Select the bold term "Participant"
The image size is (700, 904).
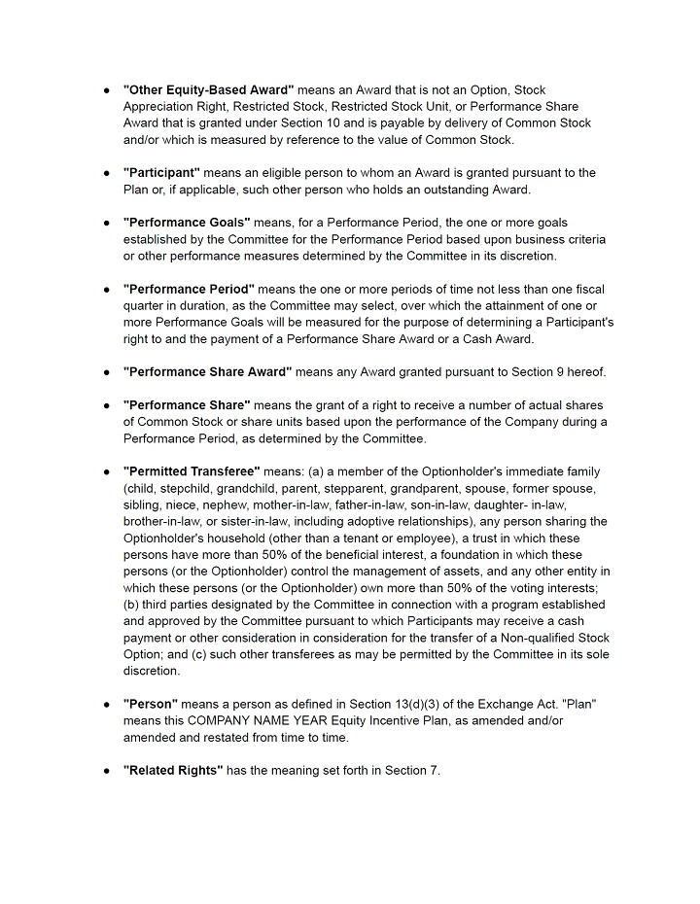pyautogui.click(x=161, y=172)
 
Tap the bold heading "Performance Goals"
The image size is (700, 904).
pyautogui.click(x=187, y=222)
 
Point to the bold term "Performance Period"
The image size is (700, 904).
pyautogui.click(x=189, y=289)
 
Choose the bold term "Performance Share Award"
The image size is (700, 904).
pyautogui.click(x=207, y=371)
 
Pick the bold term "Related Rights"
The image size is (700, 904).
pyautogui.click(x=173, y=771)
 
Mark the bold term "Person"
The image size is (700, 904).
pyautogui.click(x=151, y=704)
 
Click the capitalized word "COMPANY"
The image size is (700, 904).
pyautogui.click(x=227, y=720)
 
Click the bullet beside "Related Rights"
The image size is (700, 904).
pyautogui.click(x=106, y=771)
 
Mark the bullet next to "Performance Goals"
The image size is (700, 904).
pyautogui.click(x=106, y=222)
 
